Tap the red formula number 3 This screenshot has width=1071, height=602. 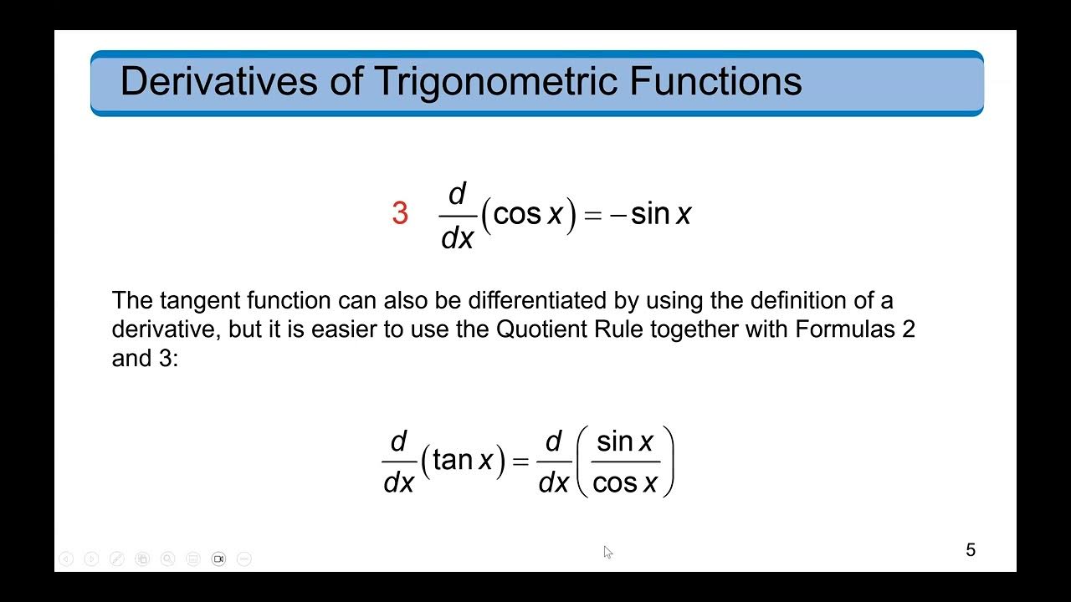coord(400,215)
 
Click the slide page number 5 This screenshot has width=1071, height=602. coord(971,550)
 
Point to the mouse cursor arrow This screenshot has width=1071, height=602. coord(607,551)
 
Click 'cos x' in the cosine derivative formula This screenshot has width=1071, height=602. coord(528,215)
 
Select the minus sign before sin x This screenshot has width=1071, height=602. coord(617,216)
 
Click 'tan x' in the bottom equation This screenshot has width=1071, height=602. coord(463,460)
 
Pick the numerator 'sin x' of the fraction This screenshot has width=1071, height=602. coord(624,441)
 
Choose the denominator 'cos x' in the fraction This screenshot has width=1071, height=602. coord(624,482)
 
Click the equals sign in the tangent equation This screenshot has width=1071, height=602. coord(520,462)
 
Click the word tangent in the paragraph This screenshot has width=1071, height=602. coord(193,300)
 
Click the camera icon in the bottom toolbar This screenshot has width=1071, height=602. coord(218,559)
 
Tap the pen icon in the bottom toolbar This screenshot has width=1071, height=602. coord(117,559)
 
